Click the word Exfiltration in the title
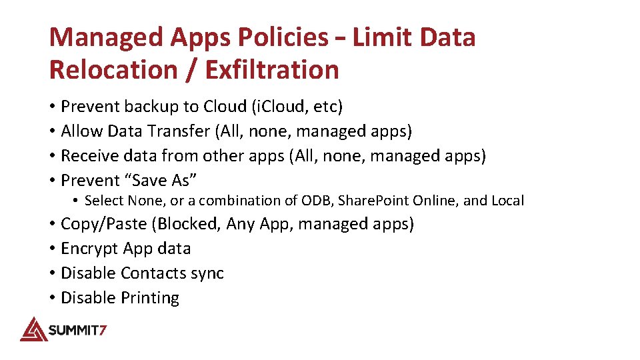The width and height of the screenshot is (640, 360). click(x=273, y=69)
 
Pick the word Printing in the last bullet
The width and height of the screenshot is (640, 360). click(x=150, y=298)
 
